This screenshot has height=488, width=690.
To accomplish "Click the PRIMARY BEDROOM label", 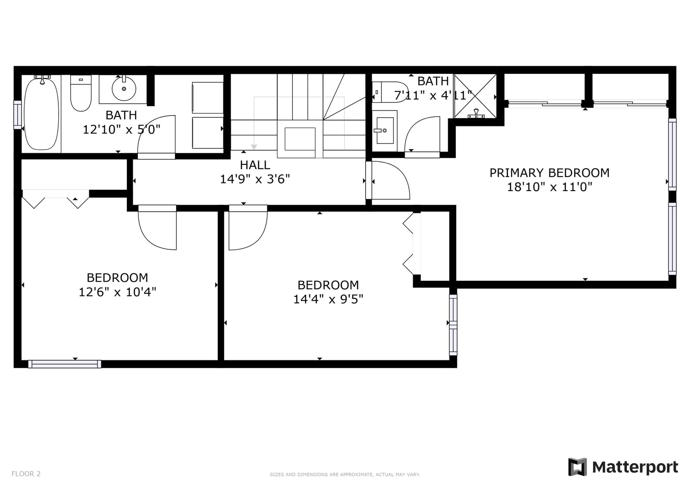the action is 549,173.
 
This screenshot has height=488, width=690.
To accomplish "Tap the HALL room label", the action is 255,165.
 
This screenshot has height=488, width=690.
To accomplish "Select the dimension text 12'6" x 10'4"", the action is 117,292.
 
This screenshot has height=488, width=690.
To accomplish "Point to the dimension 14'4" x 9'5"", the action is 328,299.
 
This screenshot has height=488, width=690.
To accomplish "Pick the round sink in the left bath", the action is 124,89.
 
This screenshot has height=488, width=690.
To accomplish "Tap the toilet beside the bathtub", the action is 81,93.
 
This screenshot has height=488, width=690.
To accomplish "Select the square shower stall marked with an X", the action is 475,96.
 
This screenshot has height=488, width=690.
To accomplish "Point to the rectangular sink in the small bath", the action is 385,130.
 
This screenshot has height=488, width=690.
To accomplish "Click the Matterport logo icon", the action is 577,467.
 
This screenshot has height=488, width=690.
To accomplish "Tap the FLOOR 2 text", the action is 26,474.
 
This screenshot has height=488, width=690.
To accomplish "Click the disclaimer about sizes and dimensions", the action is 345,475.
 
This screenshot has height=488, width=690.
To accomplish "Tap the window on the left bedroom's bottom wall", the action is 65,364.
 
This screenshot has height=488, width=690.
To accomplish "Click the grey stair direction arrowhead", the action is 254,147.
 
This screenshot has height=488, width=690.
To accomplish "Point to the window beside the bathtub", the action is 18,115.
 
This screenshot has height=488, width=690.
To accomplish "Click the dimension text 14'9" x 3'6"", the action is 255,179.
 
